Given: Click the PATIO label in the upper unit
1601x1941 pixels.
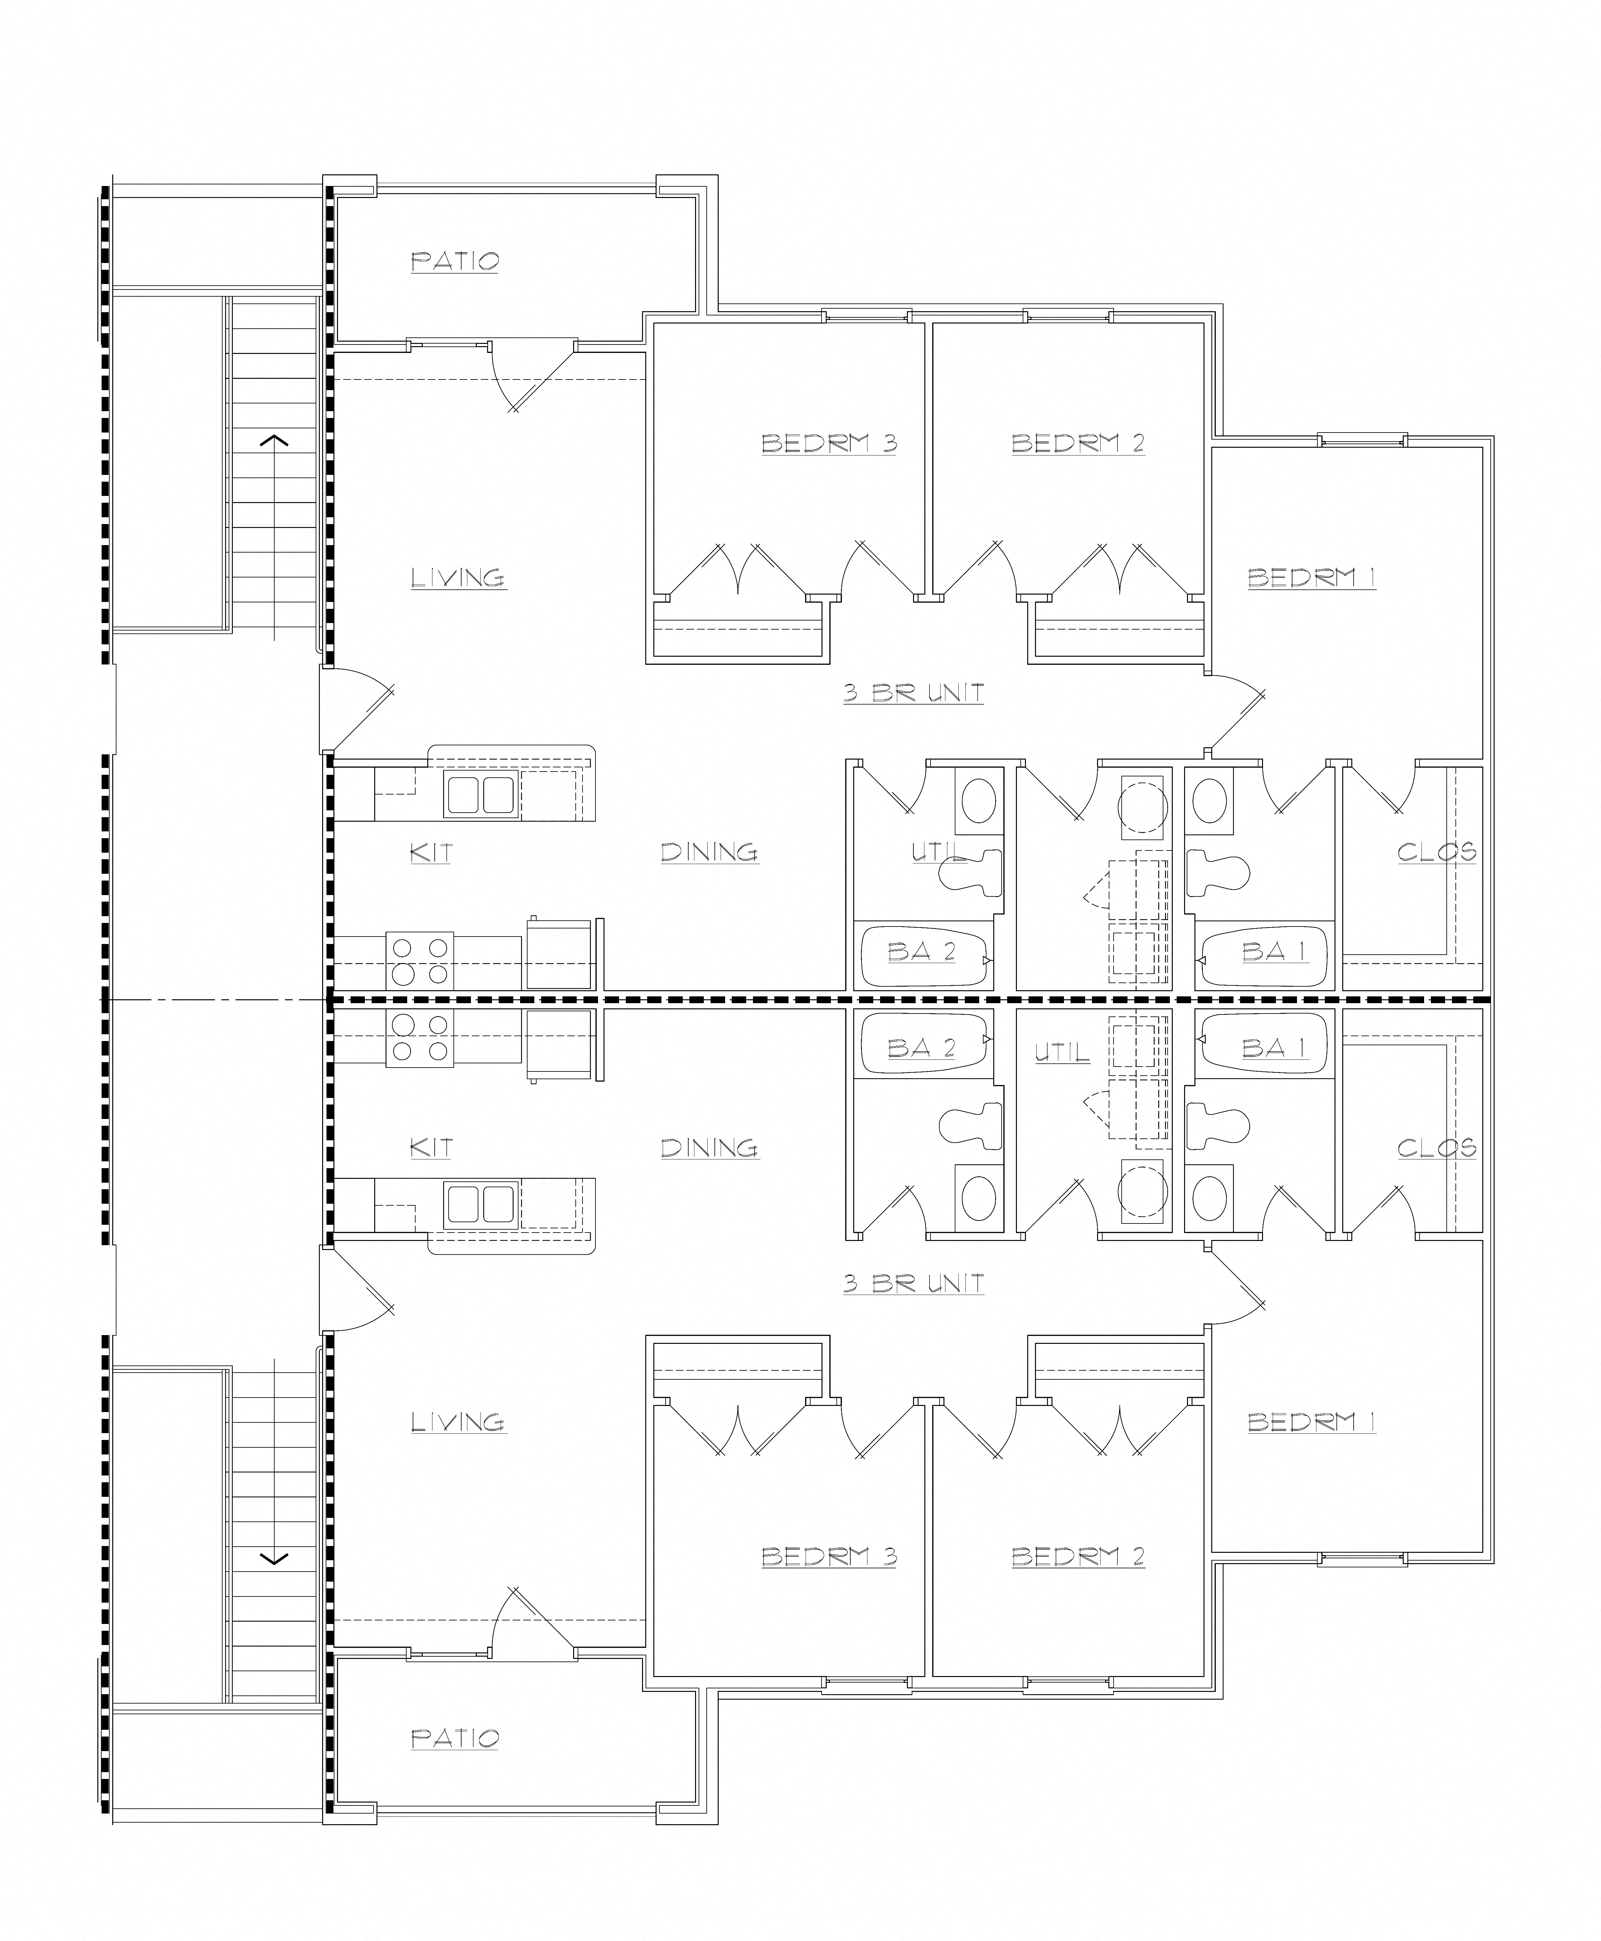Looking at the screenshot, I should [455, 261].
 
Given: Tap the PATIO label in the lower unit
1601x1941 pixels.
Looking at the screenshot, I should [455, 1738].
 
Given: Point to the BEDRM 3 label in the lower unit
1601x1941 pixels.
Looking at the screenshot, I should [828, 1556].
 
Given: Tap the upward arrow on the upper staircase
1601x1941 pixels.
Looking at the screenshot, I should [274, 441].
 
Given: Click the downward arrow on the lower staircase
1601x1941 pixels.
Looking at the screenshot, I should [274, 1559].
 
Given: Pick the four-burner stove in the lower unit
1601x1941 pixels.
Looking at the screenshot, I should [419, 1038].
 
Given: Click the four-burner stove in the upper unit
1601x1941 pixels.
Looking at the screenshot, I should [419, 960].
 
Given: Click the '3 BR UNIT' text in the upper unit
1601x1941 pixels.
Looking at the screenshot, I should [913, 693].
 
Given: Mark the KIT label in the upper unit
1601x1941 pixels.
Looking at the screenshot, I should [431, 853].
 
